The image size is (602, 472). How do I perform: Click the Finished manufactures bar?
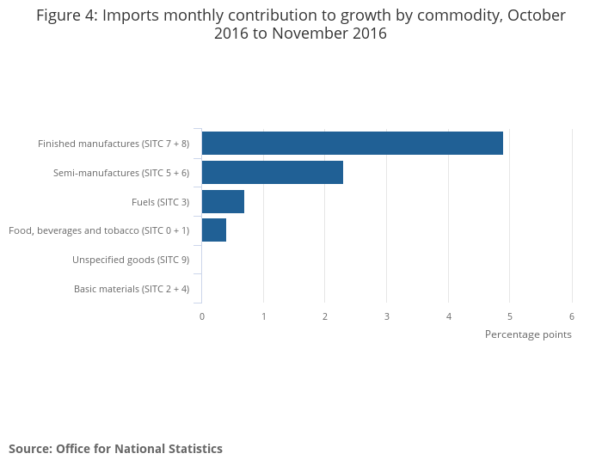(353, 143)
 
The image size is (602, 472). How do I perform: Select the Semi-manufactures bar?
(273, 172)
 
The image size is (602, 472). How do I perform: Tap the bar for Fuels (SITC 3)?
(223, 201)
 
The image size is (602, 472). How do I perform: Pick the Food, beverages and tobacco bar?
(214, 230)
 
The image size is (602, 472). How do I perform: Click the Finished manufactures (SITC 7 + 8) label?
(114, 144)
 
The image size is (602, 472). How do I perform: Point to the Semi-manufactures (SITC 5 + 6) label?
(121, 173)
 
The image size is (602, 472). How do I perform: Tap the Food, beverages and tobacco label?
(99, 230)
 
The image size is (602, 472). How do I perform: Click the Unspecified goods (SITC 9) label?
(131, 260)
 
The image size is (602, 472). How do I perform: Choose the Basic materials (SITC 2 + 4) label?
(132, 289)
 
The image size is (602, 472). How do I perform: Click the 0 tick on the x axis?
(202, 316)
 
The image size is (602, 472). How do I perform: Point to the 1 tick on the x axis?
(264, 316)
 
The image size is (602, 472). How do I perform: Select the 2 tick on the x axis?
(325, 316)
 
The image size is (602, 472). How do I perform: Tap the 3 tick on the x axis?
(387, 316)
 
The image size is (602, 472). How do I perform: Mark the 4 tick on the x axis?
(449, 316)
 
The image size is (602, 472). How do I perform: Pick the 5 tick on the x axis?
(510, 316)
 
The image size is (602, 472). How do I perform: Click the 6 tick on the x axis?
(572, 316)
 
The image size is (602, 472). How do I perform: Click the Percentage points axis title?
(528, 334)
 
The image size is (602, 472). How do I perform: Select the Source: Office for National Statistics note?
(115, 449)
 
